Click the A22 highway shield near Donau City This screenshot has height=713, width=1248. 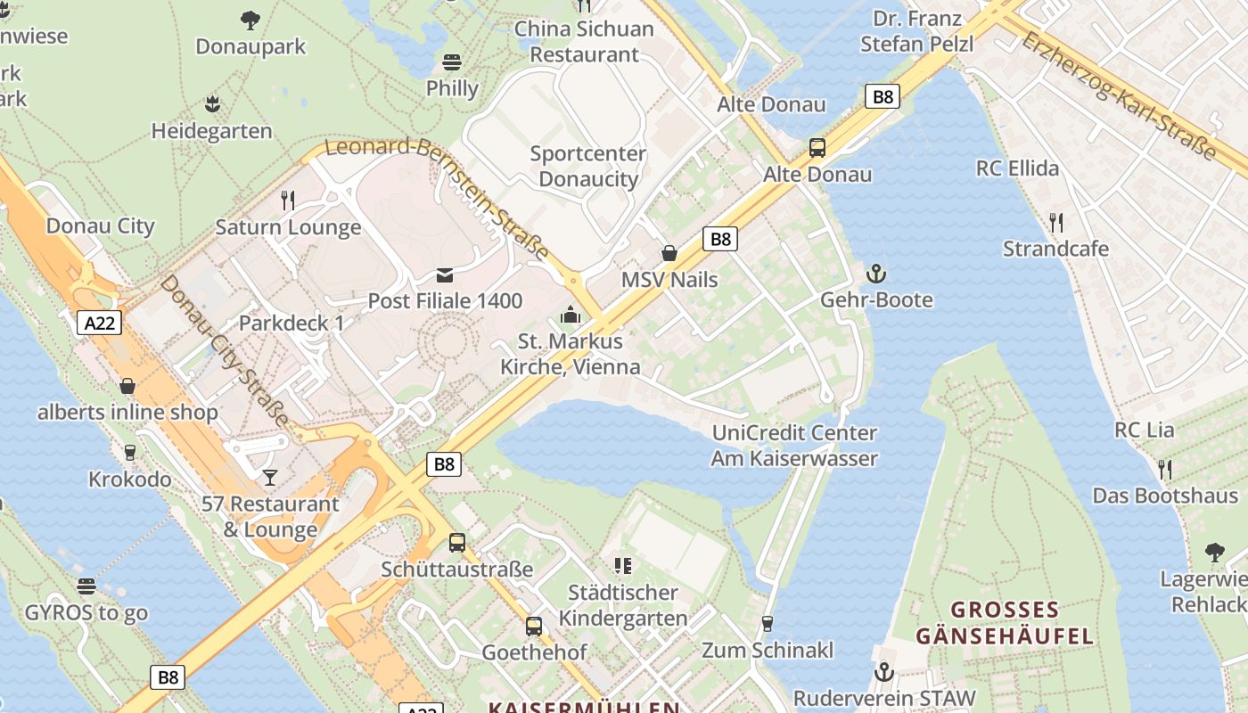(99, 323)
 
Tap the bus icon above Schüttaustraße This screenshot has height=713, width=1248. (457, 541)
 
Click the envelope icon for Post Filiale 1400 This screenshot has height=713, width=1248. (445, 275)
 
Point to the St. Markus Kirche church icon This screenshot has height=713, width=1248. (570, 315)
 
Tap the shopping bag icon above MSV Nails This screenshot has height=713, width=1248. (669, 253)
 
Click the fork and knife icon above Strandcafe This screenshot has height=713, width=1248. (1056, 222)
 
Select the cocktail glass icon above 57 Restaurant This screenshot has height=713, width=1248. (269, 478)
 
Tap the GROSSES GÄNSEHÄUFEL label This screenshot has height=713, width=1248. (1004, 623)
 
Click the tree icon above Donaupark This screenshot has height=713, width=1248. (250, 20)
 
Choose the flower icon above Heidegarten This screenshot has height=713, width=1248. (212, 104)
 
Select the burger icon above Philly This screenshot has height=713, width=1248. (453, 62)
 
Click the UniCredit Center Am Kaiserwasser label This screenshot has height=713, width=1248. (794, 446)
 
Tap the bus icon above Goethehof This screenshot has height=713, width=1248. (534, 627)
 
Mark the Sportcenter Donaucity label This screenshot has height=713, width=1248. (588, 166)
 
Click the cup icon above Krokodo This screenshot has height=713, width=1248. (130, 453)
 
